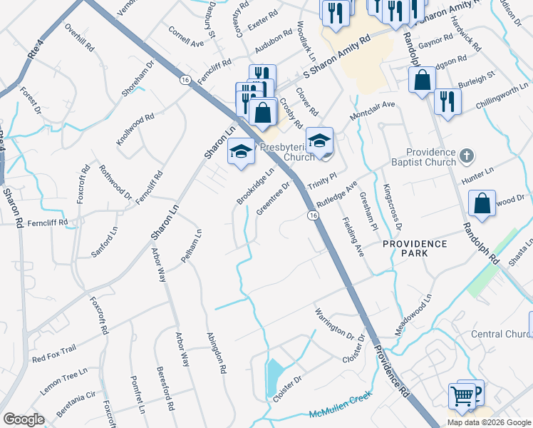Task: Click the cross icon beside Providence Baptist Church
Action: pos(466,156)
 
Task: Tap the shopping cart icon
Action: pos(462,396)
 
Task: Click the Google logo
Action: pos(24,419)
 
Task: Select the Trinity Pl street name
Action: pos(321,179)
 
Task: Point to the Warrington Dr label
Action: pos(334,323)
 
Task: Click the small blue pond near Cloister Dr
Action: pos(274,377)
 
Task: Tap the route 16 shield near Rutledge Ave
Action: pos(313,215)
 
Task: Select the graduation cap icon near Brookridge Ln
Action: pos(241,151)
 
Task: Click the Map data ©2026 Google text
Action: pos(488,422)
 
